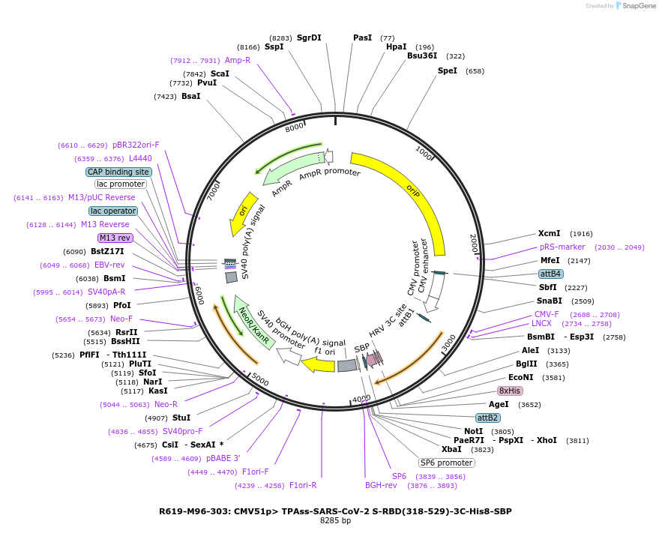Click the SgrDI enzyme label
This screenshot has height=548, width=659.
point(308,37)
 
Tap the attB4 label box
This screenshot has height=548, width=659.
point(551,274)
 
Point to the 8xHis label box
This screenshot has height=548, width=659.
point(510,391)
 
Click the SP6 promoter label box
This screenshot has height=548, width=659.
point(446,463)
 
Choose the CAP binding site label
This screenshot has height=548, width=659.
point(118,172)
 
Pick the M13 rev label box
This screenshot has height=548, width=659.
point(115,238)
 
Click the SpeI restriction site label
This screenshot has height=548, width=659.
point(447,71)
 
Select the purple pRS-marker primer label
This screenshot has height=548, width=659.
point(562,247)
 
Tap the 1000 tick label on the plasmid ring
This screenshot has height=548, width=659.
point(424,153)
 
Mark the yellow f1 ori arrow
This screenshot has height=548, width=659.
point(318,364)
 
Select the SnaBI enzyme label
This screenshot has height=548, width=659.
point(549,301)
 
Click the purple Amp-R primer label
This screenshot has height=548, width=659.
point(238,60)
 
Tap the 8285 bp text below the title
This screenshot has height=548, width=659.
point(335,521)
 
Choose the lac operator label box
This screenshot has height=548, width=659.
point(113,211)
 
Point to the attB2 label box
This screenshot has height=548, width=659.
point(487,418)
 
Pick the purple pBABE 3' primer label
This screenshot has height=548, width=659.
point(223,458)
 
